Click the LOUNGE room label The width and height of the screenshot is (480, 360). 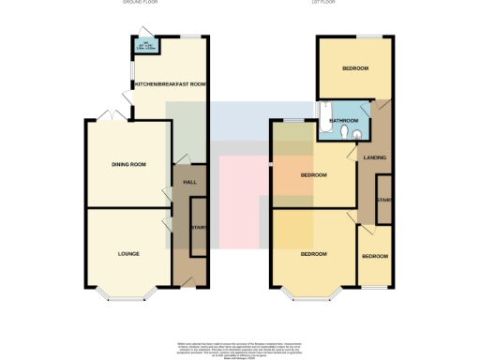pyautogui.click(x=128, y=254)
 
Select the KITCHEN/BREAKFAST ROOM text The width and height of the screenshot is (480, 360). pyautogui.click(x=170, y=84)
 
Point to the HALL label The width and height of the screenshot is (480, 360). pyautogui.click(x=187, y=181)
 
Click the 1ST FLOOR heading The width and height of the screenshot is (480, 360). pyautogui.click(x=324, y=3)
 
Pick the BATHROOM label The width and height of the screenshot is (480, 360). pyautogui.click(x=343, y=121)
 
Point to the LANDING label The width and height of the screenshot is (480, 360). pyautogui.click(x=375, y=157)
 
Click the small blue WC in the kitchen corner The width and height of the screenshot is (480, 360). pyautogui.click(x=144, y=45)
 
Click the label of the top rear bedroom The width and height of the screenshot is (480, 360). pyautogui.click(x=354, y=68)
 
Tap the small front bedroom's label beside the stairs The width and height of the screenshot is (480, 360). pyautogui.click(x=376, y=256)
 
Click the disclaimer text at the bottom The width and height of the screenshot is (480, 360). pyautogui.click(x=240, y=348)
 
